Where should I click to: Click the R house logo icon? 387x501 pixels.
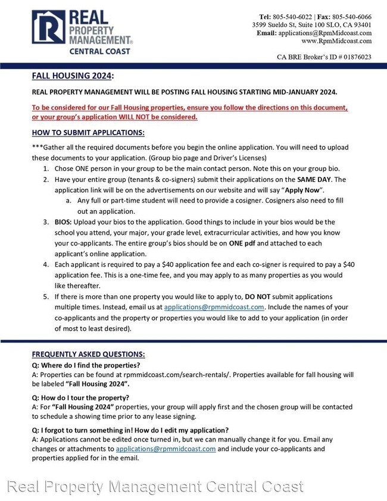49,28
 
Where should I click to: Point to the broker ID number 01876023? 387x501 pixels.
351,57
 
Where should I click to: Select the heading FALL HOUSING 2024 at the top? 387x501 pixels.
72,76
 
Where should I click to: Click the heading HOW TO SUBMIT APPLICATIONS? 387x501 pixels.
88,132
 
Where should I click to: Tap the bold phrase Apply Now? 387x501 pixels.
304,189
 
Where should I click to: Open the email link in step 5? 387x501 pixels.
214,307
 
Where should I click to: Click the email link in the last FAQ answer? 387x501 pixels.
166,449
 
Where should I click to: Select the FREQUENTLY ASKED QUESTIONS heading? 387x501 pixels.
88,354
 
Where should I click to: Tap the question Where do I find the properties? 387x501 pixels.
86,365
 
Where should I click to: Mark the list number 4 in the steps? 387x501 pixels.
45,264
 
